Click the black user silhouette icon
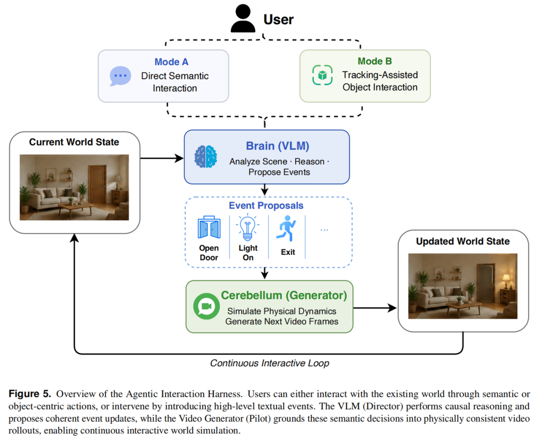coord(243,18)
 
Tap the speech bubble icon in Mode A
coord(120,76)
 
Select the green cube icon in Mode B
coord(322,75)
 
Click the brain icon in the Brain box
coord(206,156)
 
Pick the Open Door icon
coord(209,227)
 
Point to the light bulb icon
coord(247,227)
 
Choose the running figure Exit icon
coord(286,229)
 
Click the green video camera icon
coord(206,306)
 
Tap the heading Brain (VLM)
coord(277,146)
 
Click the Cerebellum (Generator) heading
coord(284,295)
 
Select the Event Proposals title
coord(266,205)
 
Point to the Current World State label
coord(74,142)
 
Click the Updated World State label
coord(463,241)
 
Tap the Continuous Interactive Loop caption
coord(269,363)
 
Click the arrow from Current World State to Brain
coord(162,158)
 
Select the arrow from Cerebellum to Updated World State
coord(375,308)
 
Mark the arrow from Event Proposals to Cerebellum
coord(264,273)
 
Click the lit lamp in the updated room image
coord(506,279)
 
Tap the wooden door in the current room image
coord(97,184)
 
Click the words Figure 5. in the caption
coord(30,394)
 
